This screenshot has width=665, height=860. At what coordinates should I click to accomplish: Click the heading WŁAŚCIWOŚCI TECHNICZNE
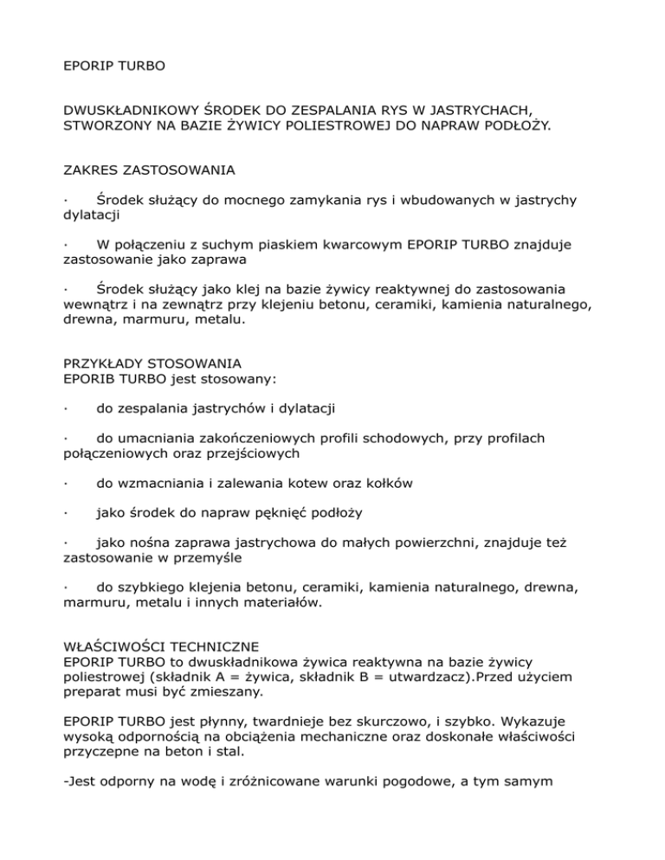161,645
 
